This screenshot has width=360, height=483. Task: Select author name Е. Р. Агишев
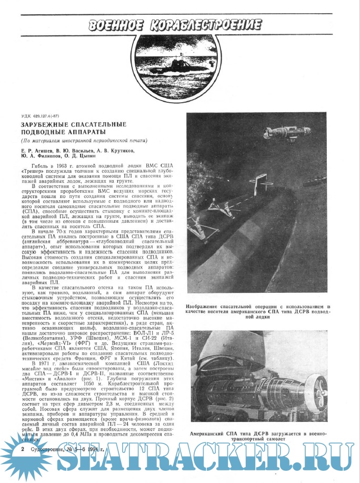coord(36,150)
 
